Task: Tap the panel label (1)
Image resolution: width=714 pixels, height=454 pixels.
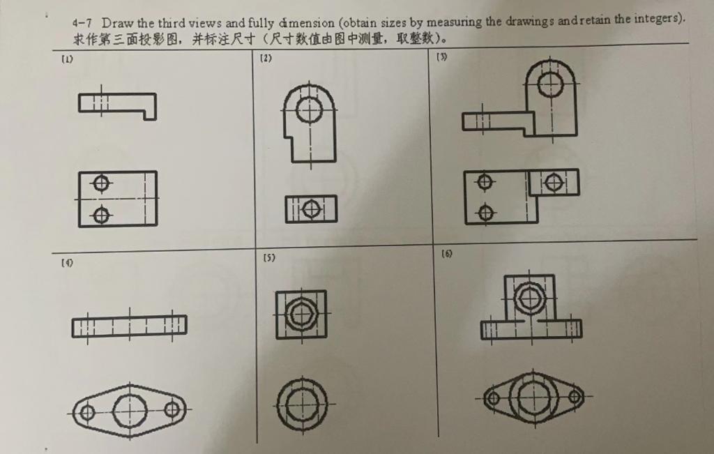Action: click(67, 59)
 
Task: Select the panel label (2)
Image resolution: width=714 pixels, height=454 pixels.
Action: click(266, 59)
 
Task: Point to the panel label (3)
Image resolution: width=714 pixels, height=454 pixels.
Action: click(441, 56)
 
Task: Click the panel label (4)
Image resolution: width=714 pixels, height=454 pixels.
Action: click(67, 263)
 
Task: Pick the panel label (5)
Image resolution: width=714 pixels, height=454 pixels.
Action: click(268, 257)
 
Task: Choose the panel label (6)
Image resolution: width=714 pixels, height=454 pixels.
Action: click(447, 253)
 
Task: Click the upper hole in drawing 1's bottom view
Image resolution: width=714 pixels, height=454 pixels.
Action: click(102, 184)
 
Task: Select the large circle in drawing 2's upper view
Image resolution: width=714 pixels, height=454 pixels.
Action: click(309, 109)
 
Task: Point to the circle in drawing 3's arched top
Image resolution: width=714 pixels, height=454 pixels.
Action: click(550, 84)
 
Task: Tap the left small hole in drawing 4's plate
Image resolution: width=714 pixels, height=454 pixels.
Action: click(87, 412)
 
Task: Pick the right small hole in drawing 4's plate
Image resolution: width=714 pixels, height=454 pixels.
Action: click(172, 409)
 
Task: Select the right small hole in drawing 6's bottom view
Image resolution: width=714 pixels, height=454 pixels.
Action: click(575, 397)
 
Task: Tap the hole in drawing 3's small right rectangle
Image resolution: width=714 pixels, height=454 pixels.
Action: click(554, 183)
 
